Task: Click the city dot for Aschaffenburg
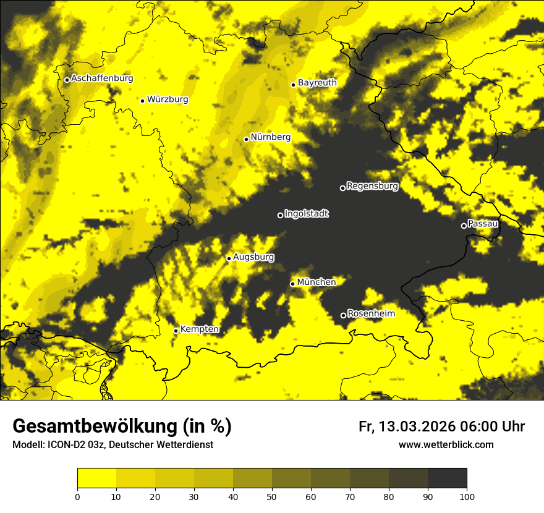pyautogui.click(x=67, y=80)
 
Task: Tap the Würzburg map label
pyautogui.click(x=168, y=100)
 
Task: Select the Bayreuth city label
pyautogui.click(x=317, y=83)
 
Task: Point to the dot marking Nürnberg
pyautogui.click(x=246, y=139)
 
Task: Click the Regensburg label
pyautogui.click(x=372, y=186)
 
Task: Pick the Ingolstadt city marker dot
pyautogui.click(x=280, y=215)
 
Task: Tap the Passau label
pyautogui.click(x=483, y=224)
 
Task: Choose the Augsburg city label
pyautogui.click(x=253, y=257)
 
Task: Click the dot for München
pyautogui.click(x=292, y=284)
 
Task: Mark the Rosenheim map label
pyautogui.click(x=371, y=314)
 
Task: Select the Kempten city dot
pyautogui.click(x=176, y=331)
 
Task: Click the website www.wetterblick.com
pyautogui.click(x=446, y=445)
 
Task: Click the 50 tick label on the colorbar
pyautogui.click(x=272, y=496)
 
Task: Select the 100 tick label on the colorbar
pyautogui.click(x=466, y=496)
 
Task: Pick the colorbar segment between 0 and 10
pyautogui.click(x=96, y=478)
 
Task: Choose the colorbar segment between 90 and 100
pyautogui.click(x=447, y=478)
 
